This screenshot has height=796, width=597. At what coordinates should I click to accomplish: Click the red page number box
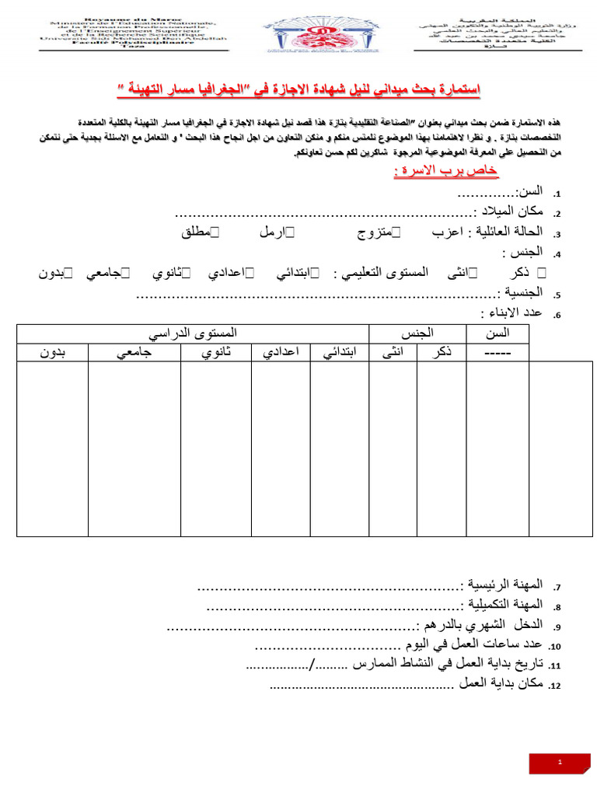[560, 763]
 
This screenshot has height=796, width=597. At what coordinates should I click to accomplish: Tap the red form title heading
[298, 90]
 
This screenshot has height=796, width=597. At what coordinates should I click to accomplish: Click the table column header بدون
[53, 352]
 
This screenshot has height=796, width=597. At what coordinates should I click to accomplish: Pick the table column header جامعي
[134, 352]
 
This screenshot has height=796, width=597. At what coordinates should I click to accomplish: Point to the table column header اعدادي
[281, 352]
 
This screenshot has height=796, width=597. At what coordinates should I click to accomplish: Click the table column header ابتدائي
[340, 352]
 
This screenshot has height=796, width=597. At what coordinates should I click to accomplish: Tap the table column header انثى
[393, 352]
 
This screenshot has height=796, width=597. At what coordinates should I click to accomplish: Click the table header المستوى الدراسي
[193, 333]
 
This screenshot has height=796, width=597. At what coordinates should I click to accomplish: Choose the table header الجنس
[416, 333]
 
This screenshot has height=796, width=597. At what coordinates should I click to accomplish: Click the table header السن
[497, 333]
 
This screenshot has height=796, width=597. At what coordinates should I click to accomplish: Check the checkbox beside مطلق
[215, 232]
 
